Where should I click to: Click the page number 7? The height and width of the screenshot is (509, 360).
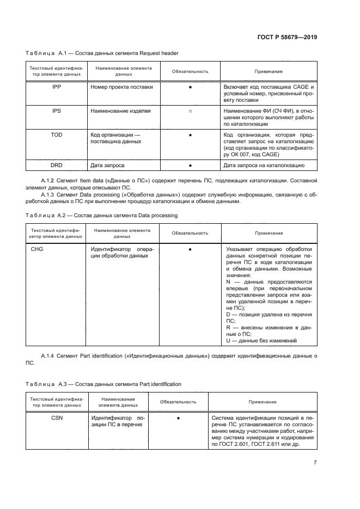[x=315, y=463]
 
